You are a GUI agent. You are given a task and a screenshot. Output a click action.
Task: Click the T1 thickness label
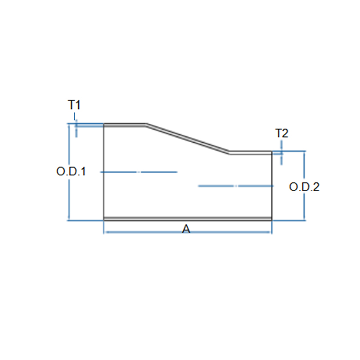[x=74, y=105]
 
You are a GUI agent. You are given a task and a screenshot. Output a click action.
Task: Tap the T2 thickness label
[x=282, y=133]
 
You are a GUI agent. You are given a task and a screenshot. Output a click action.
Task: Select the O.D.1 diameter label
[x=71, y=171]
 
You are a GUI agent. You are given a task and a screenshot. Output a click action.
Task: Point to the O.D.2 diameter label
[x=304, y=187]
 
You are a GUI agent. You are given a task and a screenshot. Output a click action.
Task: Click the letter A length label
[x=186, y=229]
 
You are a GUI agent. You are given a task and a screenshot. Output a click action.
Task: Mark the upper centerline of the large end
[x=139, y=172]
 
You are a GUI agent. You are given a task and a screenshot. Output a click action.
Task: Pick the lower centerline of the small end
[x=236, y=186]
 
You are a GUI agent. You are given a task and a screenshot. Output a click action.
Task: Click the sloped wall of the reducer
[x=188, y=139]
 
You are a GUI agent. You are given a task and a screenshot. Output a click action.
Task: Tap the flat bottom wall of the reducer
[x=188, y=219]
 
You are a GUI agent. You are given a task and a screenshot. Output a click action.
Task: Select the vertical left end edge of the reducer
[x=104, y=172]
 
